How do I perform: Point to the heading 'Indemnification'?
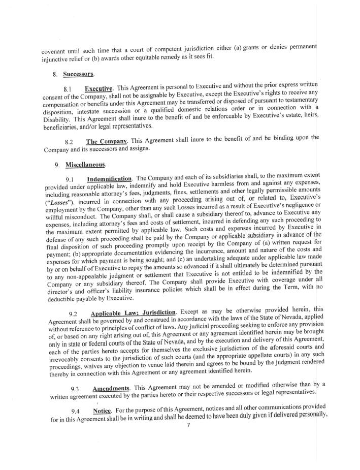109,179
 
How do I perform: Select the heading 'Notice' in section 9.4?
103,411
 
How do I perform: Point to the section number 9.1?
71,179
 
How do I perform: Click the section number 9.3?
76,389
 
